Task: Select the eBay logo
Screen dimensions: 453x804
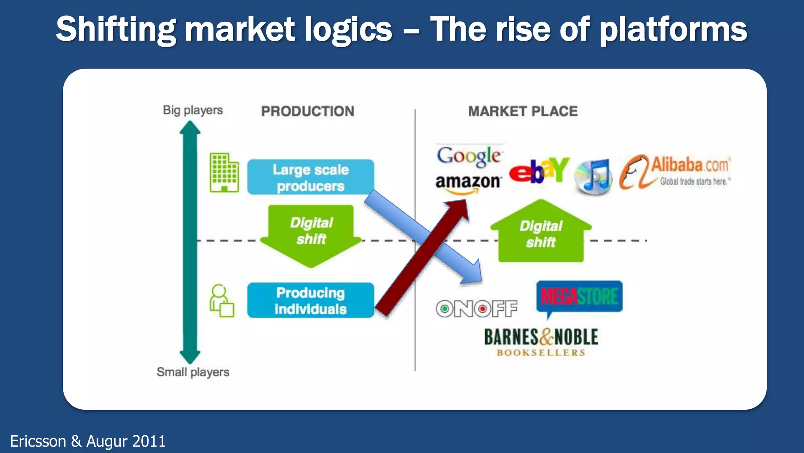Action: coord(539,170)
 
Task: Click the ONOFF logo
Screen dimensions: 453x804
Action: coord(477,309)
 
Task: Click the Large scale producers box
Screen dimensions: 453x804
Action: coord(310,177)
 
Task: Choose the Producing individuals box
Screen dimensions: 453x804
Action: coord(310,300)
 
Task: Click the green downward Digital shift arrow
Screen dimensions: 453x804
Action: coord(311,236)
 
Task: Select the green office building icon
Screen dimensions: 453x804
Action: coord(224,173)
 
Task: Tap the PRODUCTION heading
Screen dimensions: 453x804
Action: coord(307,111)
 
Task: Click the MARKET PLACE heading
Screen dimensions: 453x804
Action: coord(523,111)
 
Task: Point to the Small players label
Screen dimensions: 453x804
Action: coord(193,372)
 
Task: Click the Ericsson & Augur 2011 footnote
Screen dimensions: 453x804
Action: coord(88,441)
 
